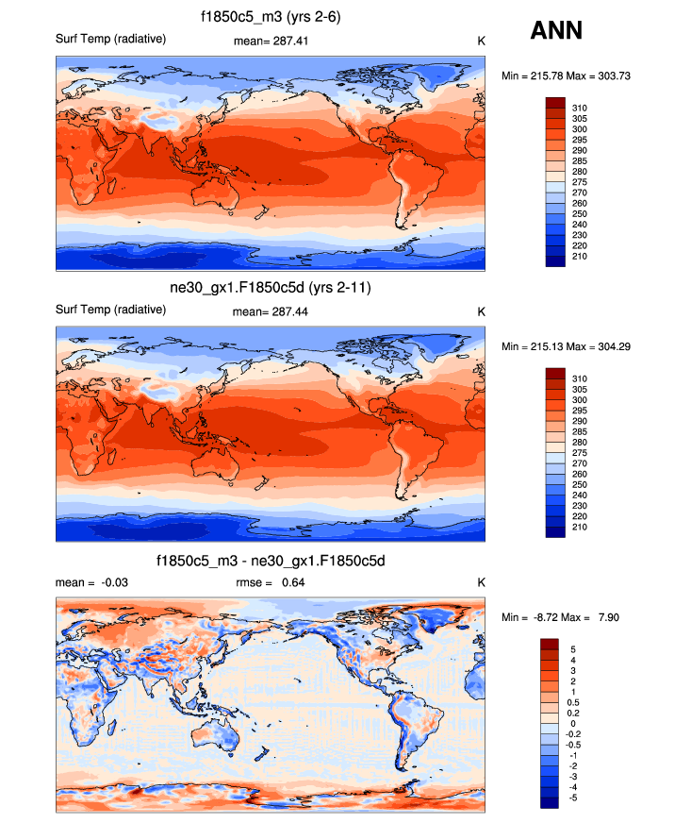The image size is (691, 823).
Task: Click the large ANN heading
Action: click(556, 31)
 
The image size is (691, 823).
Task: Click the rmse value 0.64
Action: click(292, 582)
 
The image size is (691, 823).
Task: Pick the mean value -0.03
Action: click(114, 582)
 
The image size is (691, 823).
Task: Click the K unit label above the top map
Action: click(481, 41)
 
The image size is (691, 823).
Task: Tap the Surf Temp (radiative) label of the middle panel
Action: click(111, 310)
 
